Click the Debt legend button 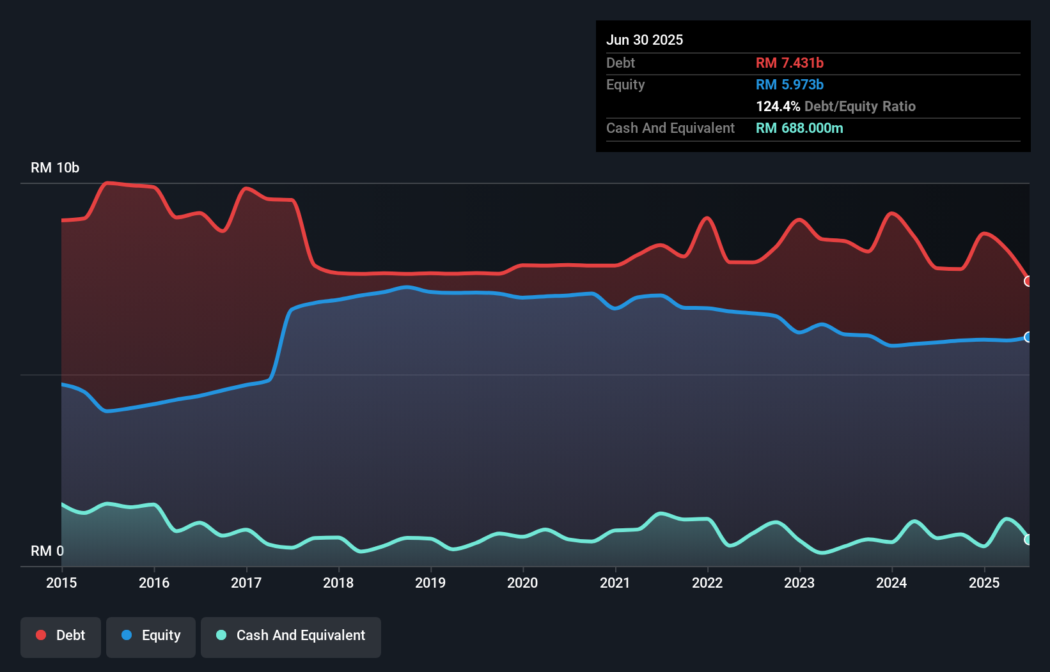click(61, 636)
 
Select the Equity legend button click(151, 636)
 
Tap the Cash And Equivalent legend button click(291, 636)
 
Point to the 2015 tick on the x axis click(61, 583)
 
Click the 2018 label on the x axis click(338, 583)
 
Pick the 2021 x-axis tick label click(615, 583)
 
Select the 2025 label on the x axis click(984, 583)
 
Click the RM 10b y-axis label click(55, 168)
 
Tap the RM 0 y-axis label click(47, 551)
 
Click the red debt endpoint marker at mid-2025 click(1028, 282)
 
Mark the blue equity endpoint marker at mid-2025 click(1028, 337)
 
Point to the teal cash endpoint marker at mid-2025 click(1028, 540)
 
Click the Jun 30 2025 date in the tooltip click(645, 40)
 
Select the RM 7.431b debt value click(789, 63)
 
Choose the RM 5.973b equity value click(789, 85)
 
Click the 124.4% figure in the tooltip click(778, 107)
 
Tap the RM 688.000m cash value click(799, 128)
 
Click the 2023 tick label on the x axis click(799, 583)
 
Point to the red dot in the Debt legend click(41, 635)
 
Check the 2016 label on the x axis click(154, 583)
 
